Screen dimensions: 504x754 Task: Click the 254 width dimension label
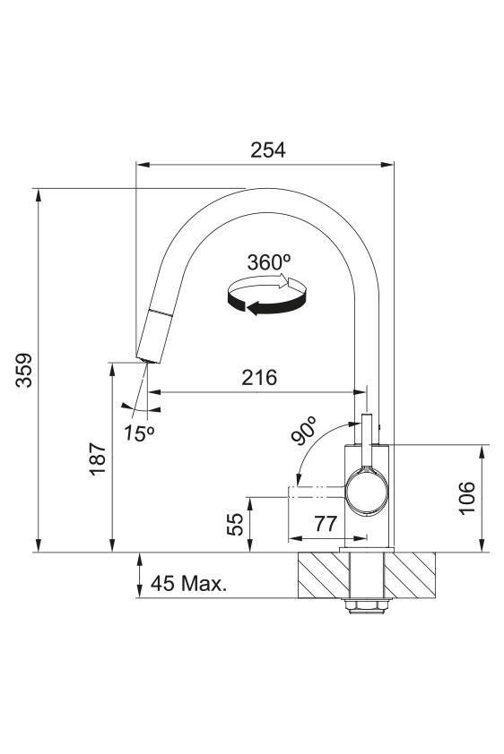pyautogui.click(x=267, y=150)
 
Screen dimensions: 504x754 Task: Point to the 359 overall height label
pyautogui.click(x=23, y=370)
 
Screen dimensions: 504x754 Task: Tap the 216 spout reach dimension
pyautogui.click(x=259, y=378)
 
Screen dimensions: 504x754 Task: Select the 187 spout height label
pyautogui.click(x=98, y=458)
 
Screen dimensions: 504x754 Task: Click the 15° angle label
pyautogui.click(x=139, y=433)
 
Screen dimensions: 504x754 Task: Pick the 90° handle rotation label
pyautogui.click(x=304, y=431)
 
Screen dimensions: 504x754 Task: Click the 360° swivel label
pyautogui.click(x=269, y=262)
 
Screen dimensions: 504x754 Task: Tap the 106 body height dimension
pyautogui.click(x=466, y=498)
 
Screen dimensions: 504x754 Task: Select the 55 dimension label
pyautogui.click(x=235, y=524)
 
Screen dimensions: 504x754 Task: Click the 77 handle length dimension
pyautogui.click(x=326, y=523)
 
